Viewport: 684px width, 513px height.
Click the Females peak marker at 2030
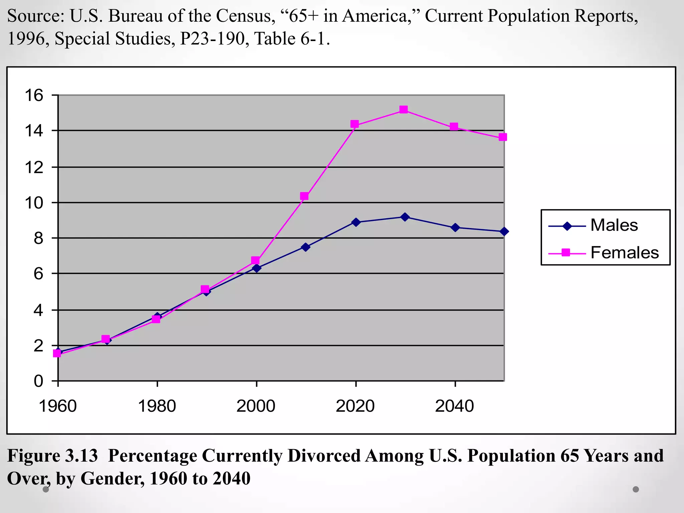[403, 110]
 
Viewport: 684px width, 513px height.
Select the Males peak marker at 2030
[405, 217]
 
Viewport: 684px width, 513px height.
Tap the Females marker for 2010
[304, 196]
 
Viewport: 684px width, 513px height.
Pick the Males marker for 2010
[305, 247]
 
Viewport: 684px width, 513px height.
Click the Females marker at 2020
[355, 124]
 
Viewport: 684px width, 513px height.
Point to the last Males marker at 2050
[504, 231]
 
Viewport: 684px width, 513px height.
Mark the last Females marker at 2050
[503, 137]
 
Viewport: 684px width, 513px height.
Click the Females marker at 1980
[156, 319]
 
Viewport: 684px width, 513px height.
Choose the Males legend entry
[614, 225]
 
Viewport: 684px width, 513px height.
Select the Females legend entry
[624, 253]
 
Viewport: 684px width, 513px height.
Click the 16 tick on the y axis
[34, 96]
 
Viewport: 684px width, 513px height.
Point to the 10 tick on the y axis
[34, 203]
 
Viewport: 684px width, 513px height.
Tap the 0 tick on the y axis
[38, 381]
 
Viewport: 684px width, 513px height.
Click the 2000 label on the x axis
[256, 406]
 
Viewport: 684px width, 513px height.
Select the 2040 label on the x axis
[455, 406]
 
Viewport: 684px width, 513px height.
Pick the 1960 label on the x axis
[58, 406]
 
